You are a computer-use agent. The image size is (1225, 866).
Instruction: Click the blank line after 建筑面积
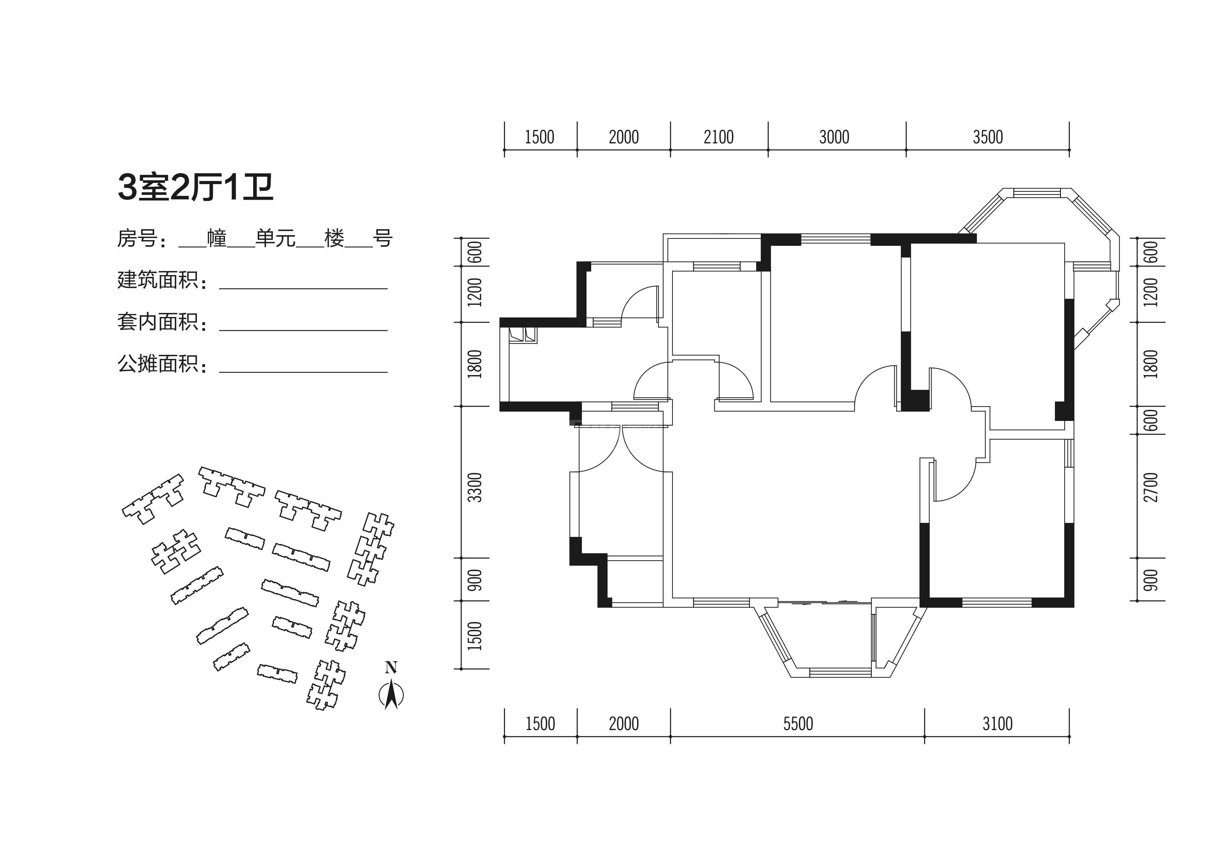[303, 289]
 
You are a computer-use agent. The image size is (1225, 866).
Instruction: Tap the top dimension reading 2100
[719, 137]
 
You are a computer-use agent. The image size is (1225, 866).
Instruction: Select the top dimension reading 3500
[988, 137]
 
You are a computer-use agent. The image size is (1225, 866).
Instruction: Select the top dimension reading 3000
[834, 137]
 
